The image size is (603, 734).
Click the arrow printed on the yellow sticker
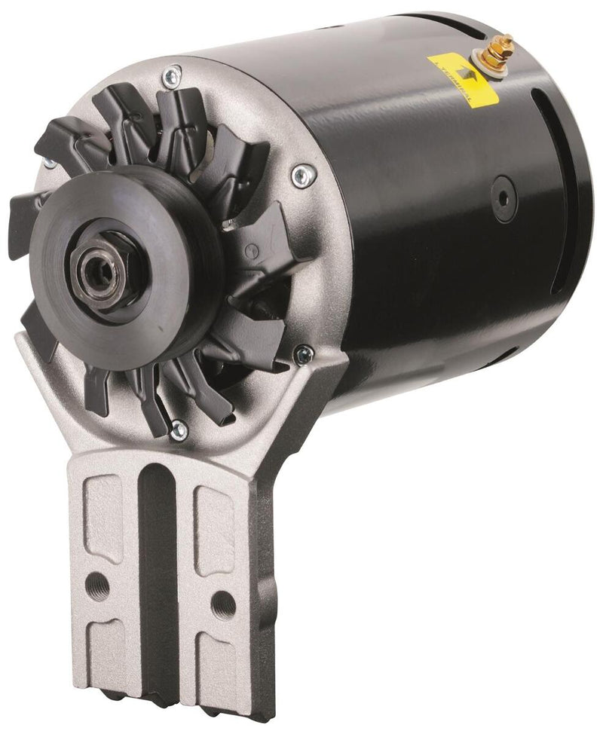coord(455,75)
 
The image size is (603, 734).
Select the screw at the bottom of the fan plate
coord(179,430)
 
